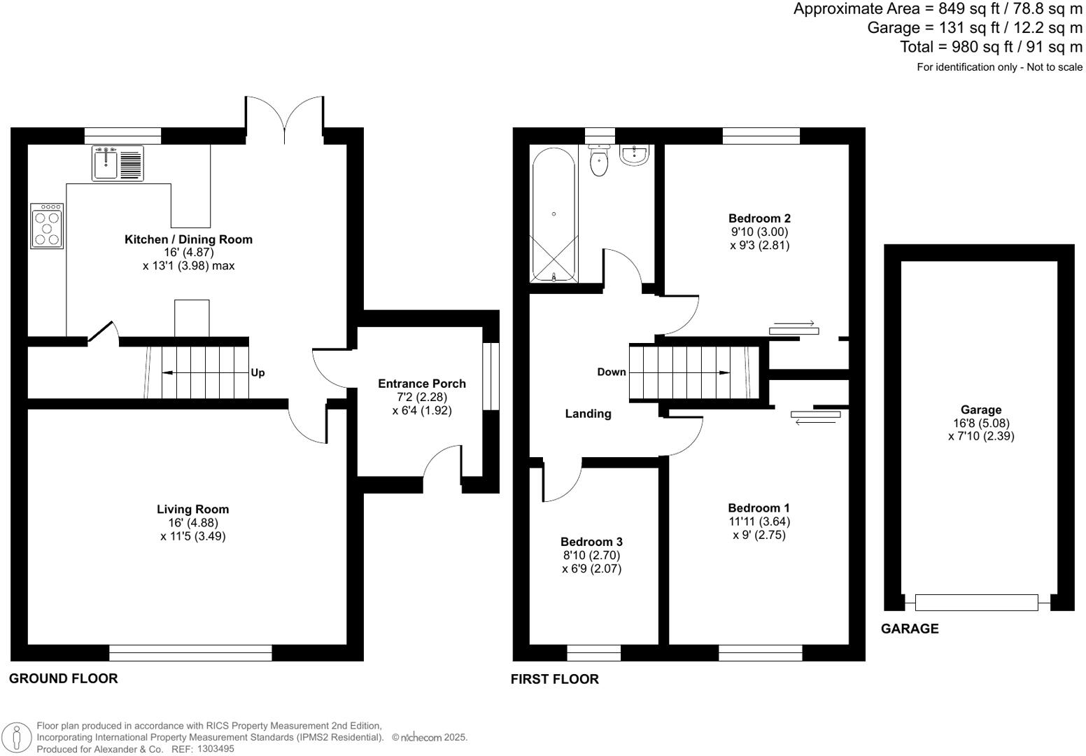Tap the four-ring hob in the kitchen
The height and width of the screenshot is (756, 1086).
tap(47, 226)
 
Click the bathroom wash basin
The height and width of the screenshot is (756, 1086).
tap(635, 155)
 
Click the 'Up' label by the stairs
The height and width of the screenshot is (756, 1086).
tap(258, 372)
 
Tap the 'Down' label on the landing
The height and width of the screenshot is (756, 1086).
tap(611, 372)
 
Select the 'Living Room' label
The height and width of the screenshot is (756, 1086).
tap(192, 510)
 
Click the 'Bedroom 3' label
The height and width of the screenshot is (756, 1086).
tap(591, 542)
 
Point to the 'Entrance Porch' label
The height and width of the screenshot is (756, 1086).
tap(421, 384)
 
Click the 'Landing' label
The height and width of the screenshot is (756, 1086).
tap(588, 414)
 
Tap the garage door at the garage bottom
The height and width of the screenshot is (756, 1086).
tap(976, 602)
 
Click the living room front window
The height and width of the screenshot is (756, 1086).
tap(190, 652)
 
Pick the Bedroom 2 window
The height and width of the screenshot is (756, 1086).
tap(761, 136)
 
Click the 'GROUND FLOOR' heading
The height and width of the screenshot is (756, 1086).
tap(63, 678)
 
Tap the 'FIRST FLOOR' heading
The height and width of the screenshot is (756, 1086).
tap(554, 679)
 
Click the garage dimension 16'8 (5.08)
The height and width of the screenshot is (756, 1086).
tap(981, 423)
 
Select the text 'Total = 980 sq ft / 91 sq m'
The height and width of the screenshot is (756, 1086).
tap(991, 47)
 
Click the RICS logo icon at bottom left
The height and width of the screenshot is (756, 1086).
tap(17, 738)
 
